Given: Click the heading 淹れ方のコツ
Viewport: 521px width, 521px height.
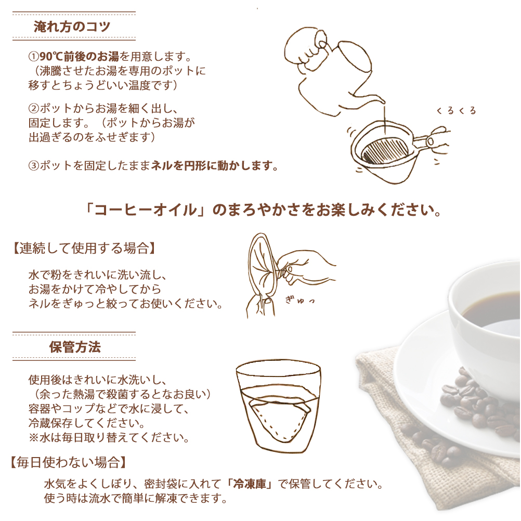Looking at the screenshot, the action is click(72, 27).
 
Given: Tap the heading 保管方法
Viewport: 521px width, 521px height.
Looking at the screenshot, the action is click(75, 347).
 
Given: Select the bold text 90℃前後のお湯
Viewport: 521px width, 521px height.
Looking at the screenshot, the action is click(79, 57).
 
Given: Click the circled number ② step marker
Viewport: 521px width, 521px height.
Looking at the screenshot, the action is click(34, 108).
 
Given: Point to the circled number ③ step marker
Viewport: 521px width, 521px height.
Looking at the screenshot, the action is click(34, 165).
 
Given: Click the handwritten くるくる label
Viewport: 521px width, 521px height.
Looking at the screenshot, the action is click(456, 111).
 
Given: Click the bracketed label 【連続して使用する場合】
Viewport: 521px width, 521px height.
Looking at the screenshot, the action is click(84, 248).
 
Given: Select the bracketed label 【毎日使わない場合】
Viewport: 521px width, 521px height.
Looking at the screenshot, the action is click(69, 462).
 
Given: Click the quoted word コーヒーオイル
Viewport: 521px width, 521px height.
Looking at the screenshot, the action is click(145, 210).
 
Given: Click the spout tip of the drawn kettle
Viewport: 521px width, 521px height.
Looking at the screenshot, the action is click(383, 101).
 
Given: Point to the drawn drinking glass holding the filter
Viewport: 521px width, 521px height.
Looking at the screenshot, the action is click(279, 406).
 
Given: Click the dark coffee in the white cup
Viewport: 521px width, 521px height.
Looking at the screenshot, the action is click(492, 312).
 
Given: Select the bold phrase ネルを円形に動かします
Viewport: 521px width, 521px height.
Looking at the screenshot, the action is click(215, 165).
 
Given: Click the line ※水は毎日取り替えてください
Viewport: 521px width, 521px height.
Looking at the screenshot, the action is click(109, 437).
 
